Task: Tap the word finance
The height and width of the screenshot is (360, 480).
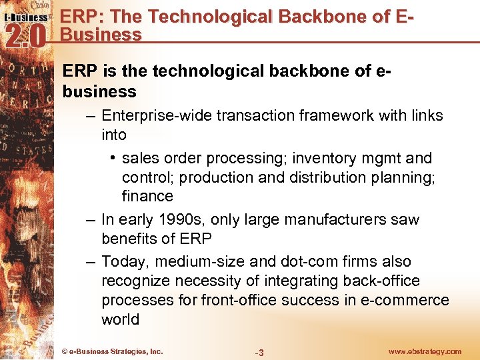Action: [x=147, y=196]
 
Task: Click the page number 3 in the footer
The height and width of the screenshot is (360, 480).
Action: [x=261, y=353]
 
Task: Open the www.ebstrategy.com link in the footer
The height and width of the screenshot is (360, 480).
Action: [x=424, y=351]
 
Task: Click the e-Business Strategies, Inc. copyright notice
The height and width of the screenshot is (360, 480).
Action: [x=111, y=351]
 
